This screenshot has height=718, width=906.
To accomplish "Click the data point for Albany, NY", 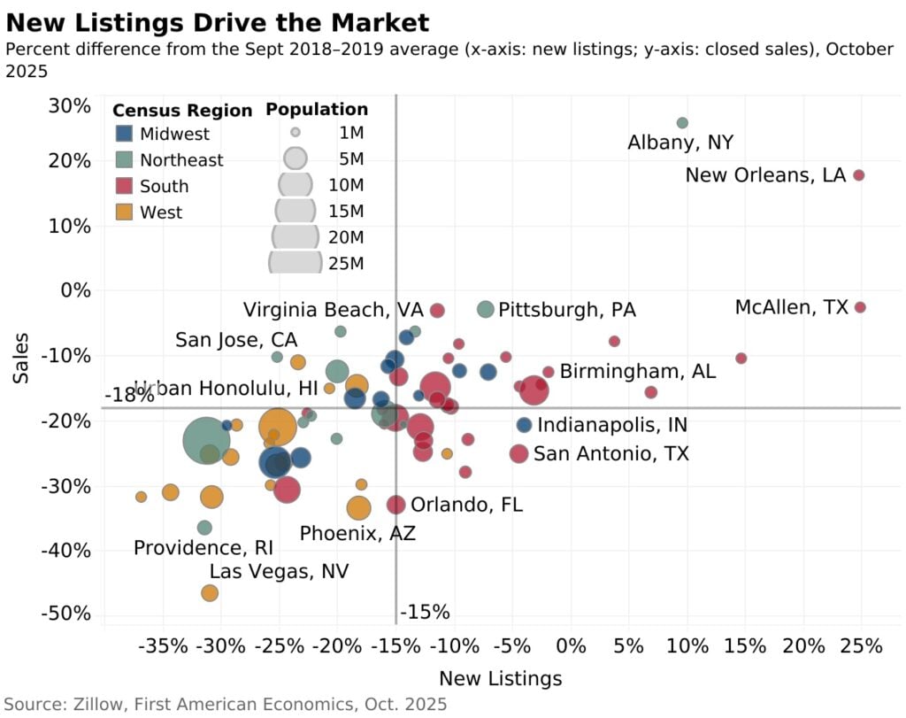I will [682, 123].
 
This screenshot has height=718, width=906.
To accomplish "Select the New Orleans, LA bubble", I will [858, 175].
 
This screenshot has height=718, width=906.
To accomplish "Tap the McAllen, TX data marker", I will [860, 307].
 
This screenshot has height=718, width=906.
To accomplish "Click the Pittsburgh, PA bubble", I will [485, 309].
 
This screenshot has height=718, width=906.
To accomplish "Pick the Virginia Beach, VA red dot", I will [437, 310].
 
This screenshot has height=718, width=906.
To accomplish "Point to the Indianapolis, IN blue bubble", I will [524, 425].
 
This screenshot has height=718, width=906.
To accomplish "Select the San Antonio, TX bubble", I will [518, 454].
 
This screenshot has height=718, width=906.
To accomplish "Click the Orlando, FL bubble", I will [395, 505].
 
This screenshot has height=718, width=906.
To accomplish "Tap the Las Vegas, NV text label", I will [279, 571].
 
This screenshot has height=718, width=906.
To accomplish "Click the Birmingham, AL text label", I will [638, 371].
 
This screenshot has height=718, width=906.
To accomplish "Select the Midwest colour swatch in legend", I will [125, 134].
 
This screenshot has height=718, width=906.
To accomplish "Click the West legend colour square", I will [125, 212].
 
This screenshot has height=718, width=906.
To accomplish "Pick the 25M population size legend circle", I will [296, 262].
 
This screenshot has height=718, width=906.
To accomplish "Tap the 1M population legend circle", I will [296, 133].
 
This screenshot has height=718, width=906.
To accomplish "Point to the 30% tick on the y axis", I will [69, 106].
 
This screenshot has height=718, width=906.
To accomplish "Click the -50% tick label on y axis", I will [67, 614].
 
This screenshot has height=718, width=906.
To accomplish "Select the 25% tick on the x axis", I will [861, 645].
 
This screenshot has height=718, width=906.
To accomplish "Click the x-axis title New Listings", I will [500, 679].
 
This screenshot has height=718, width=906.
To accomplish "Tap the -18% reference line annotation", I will [129, 396].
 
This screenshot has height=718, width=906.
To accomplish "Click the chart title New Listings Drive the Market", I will [218, 22].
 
